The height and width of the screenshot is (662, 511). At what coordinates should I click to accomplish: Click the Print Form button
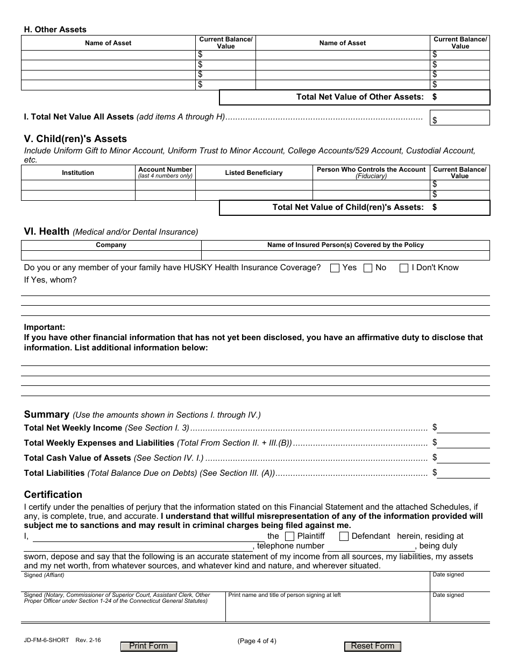149,646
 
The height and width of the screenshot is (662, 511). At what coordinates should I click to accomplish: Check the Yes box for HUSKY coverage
335,268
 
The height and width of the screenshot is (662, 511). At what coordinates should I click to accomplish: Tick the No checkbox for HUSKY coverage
368,268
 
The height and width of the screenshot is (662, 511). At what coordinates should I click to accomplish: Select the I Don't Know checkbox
404,268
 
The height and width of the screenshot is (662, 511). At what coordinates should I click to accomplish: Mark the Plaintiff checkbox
289,536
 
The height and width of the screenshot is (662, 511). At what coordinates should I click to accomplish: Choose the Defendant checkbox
344,536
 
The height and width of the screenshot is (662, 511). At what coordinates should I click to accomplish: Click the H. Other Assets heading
55,30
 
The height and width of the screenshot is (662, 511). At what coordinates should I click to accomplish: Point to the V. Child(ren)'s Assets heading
75,139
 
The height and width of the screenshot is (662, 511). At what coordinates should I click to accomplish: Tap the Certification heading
53,495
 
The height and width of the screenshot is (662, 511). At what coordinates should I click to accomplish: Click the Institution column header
78,173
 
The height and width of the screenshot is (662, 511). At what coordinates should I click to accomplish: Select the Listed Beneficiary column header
253,173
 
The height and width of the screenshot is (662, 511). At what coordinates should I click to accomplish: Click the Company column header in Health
111,245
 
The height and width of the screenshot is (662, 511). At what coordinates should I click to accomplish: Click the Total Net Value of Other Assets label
359,97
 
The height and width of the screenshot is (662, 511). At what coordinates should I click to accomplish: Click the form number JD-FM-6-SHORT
46,640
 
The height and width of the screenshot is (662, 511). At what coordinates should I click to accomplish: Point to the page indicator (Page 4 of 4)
257,640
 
